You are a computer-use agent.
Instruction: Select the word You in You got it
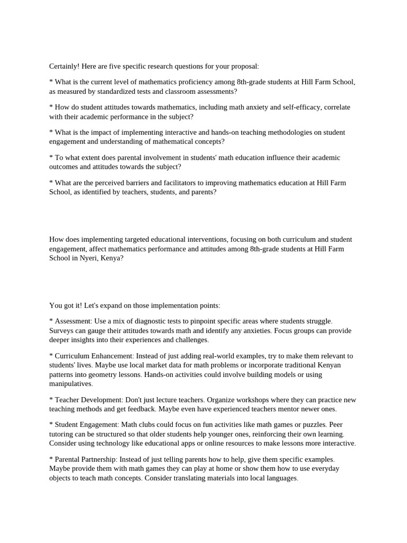[56, 305]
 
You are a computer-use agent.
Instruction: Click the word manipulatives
[70, 383]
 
